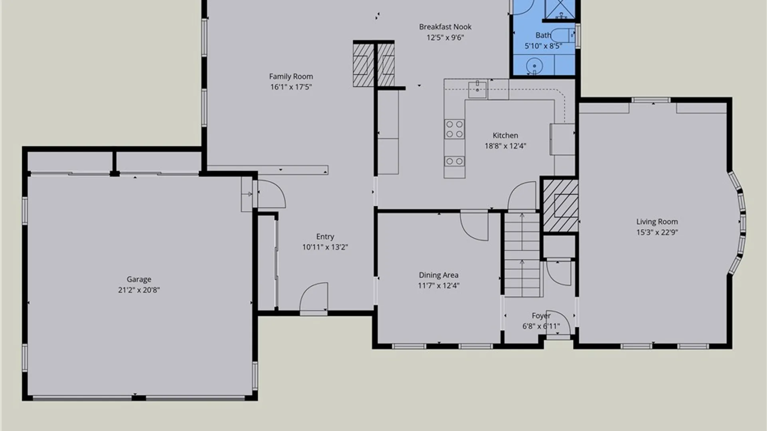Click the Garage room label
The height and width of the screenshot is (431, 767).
click(x=139, y=279)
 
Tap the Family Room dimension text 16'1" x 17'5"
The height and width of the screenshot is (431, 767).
click(x=291, y=87)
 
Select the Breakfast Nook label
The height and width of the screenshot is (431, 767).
click(x=445, y=27)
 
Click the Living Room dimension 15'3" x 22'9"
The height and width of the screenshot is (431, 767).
click(x=657, y=232)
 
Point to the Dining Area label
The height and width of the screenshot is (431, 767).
click(x=438, y=275)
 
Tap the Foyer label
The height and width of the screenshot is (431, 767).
click(x=541, y=316)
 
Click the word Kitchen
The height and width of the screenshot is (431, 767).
click(x=505, y=135)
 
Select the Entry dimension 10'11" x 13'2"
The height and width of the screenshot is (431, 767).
click(x=325, y=247)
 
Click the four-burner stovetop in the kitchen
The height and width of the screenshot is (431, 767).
click(x=455, y=129)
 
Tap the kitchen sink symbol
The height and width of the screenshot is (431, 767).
click(x=477, y=89)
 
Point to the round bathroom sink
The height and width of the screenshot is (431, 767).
click(x=534, y=66)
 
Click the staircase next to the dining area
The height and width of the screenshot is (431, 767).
click(x=522, y=255)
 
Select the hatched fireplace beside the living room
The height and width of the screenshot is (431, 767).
click(x=560, y=206)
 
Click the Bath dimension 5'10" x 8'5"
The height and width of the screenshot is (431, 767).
click(x=543, y=46)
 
